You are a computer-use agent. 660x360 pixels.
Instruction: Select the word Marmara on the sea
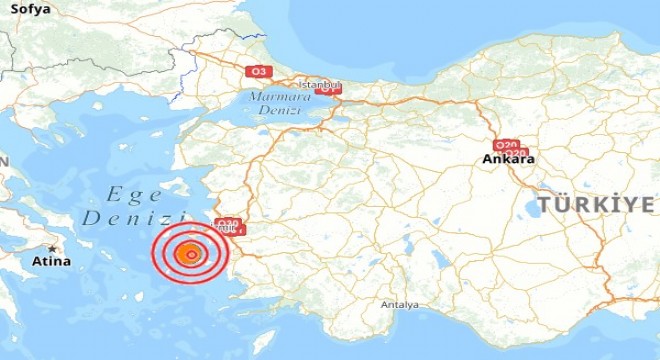pyautogui.click(x=273, y=96)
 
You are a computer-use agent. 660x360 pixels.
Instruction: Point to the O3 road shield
pyautogui.click(x=259, y=71)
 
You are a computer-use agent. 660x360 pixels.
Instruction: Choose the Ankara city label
pyautogui.click(x=508, y=159)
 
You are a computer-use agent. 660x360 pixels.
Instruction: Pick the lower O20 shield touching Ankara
pyautogui.click(x=516, y=151)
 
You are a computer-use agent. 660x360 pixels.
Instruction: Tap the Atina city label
pyautogui.click(x=52, y=262)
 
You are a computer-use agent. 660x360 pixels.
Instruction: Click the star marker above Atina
pyautogui.click(x=52, y=249)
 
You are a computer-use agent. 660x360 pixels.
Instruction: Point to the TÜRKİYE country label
pyautogui.click(x=598, y=205)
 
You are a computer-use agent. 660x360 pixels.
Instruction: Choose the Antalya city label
pyautogui.click(x=399, y=304)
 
